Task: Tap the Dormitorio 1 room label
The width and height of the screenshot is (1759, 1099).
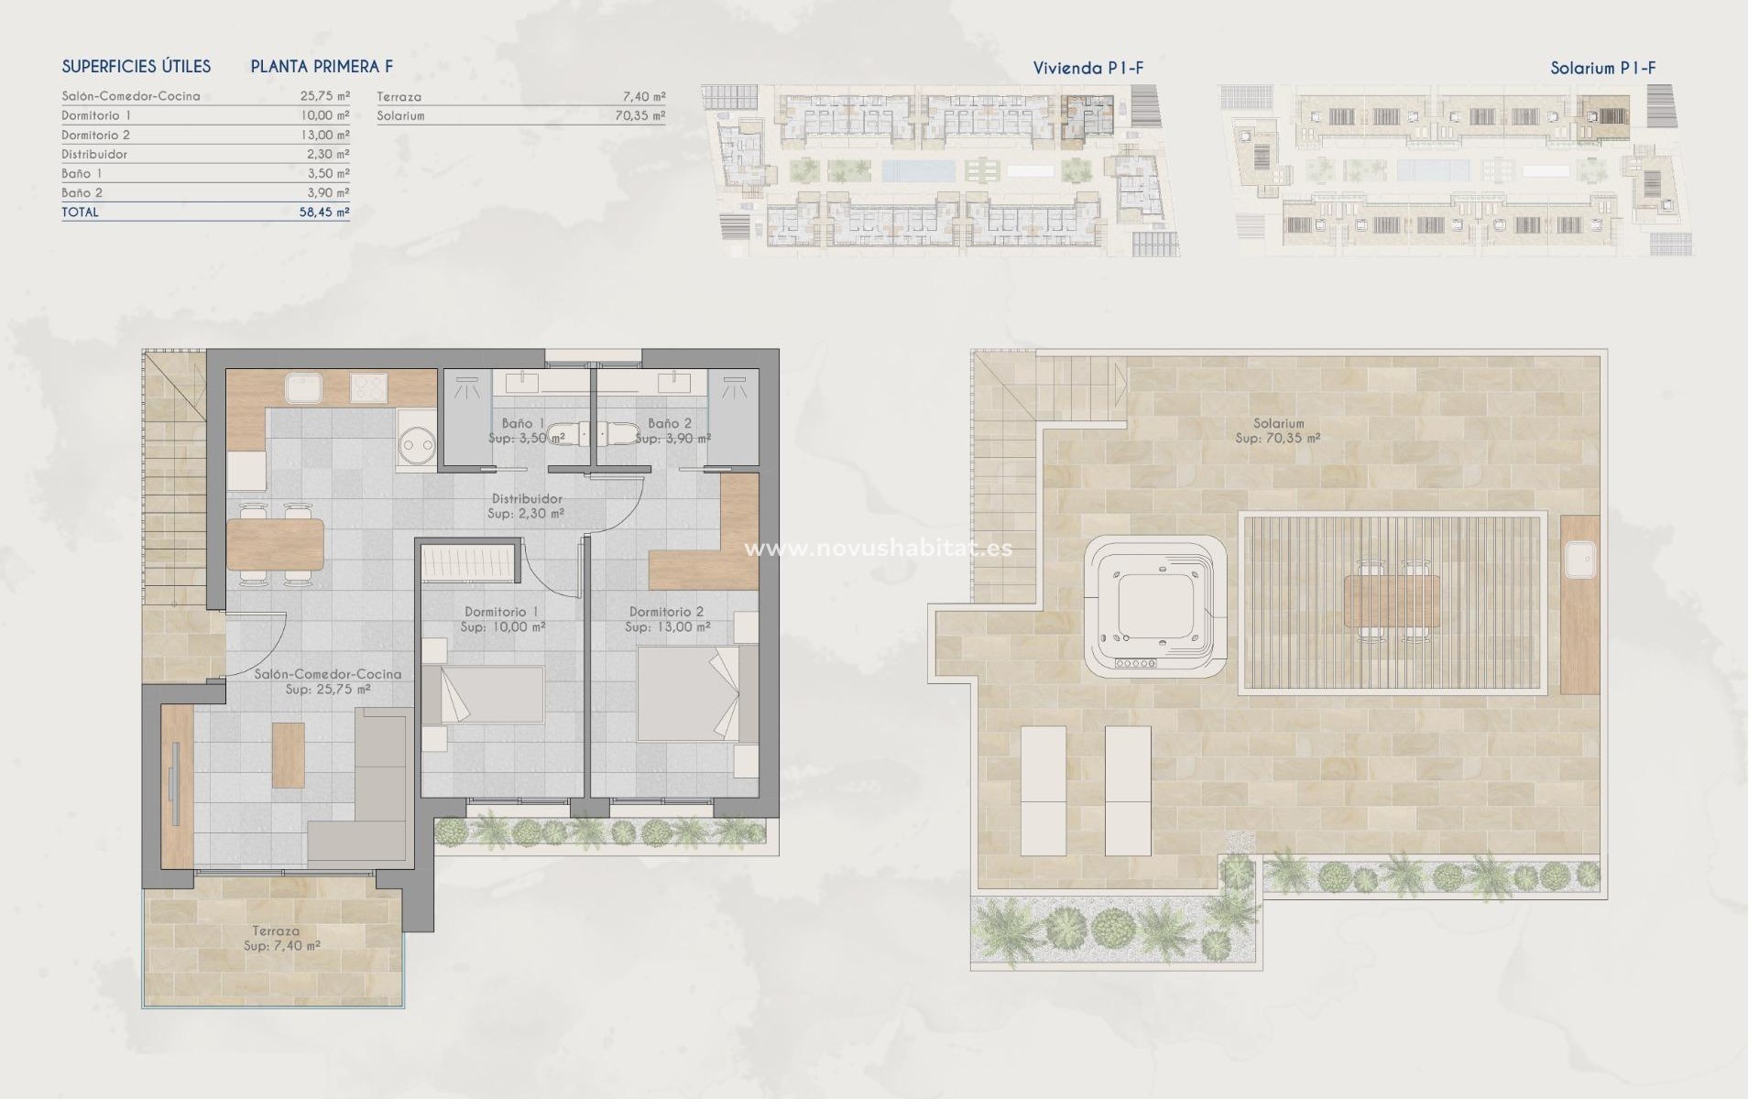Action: pyautogui.click(x=501, y=612)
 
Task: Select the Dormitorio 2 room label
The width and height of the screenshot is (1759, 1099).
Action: pyautogui.click(x=666, y=612)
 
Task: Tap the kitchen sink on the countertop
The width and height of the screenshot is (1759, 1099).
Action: pyautogui.click(x=301, y=388)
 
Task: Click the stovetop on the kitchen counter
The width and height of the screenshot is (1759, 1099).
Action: pyautogui.click(x=368, y=388)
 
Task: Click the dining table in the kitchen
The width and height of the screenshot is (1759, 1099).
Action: pyautogui.click(x=275, y=544)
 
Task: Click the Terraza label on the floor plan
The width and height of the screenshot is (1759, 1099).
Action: pyautogui.click(x=276, y=930)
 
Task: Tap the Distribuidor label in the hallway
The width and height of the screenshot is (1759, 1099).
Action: pyautogui.click(x=527, y=499)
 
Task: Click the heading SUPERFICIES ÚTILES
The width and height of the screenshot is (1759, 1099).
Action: pyautogui.click(x=137, y=67)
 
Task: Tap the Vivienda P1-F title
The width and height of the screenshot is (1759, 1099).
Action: pyautogui.click(x=1087, y=68)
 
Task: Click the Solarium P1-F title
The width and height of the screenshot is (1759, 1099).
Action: pyautogui.click(x=1602, y=68)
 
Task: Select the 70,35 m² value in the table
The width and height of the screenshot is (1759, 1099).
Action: pyautogui.click(x=640, y=116)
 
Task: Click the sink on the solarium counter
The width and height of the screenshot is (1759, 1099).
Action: pyautogui.click(x=1580, y=560)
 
